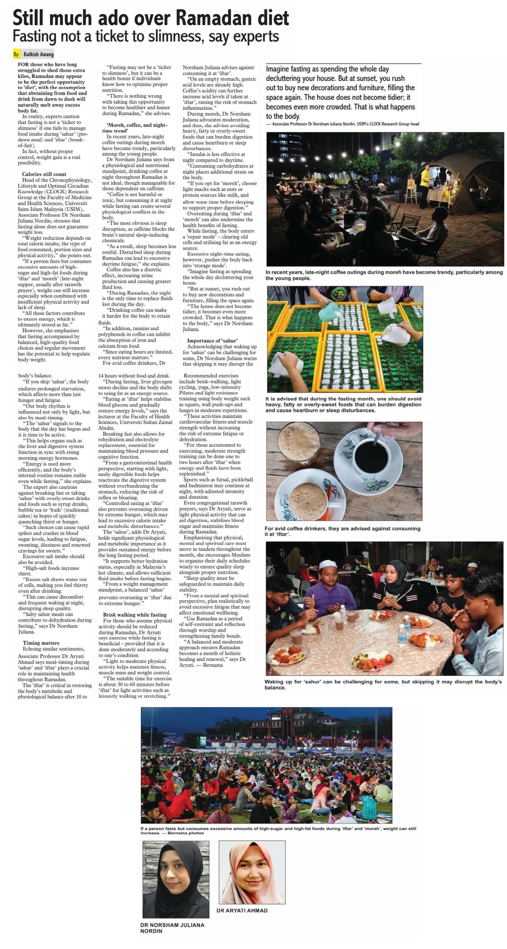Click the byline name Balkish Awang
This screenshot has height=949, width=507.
(x=38, y=54)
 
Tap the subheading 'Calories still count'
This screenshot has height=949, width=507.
(x=44, y=174)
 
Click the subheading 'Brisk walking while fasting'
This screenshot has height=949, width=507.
(x=135, y=614)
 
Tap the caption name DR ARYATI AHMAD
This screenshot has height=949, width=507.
(x=242, y=910)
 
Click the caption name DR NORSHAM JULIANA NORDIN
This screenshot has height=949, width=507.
(x=172, y=928)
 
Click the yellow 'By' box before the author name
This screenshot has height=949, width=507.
(x=16, y=54)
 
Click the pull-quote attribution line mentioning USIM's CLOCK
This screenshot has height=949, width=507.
(x=343, y=124)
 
